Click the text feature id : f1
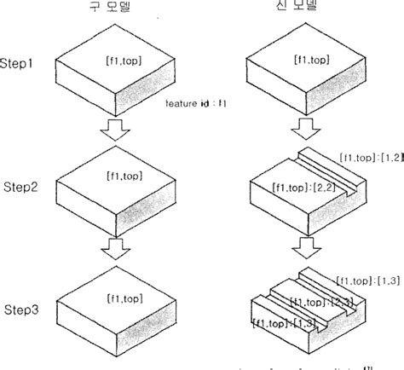(196, 105)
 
